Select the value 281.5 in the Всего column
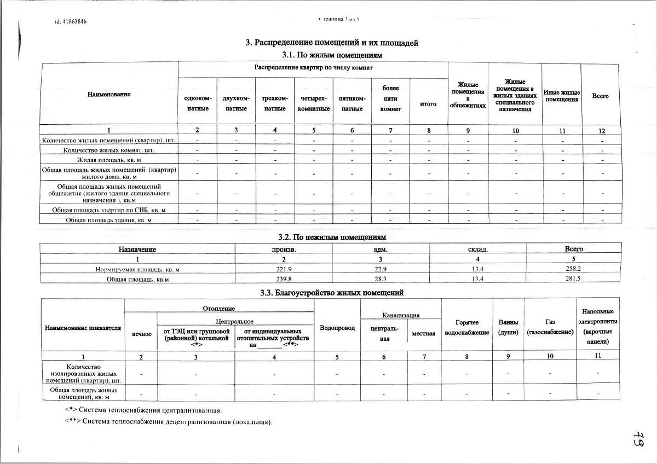coord(574,279)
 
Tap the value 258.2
coord(574,269)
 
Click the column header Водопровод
coord(337,328)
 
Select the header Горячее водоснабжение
coord(467,327)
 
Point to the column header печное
coord(141,333)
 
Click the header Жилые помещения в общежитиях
coord(468,95)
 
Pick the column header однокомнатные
coord(197,103)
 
